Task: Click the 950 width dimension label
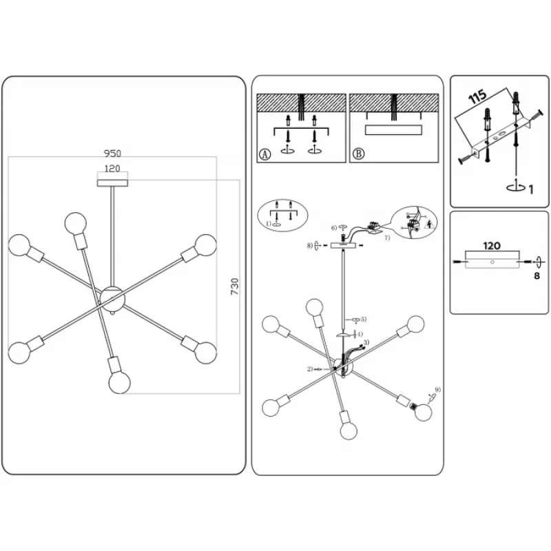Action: tap(112, 152)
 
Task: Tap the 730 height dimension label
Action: tap(234, 287)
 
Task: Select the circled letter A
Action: tap(264, 155)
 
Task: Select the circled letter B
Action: tap(357, 155)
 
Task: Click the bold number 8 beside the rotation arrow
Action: tap(536, 277)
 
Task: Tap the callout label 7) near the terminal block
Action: tap(386, 238)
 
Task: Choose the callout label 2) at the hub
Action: tap(311, 369)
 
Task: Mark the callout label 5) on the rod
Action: tap(363, 319)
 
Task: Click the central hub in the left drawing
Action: tap(112, 298)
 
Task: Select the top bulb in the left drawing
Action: tap(76, 223)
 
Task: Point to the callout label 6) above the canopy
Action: tap(333, 228)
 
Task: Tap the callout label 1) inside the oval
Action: tap(269, 224)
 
